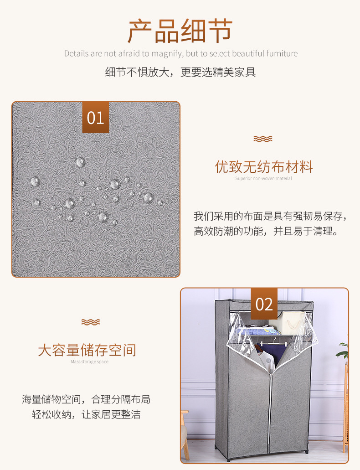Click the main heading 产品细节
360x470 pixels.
click(180, 31)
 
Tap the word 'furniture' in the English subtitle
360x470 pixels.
click(279, 54)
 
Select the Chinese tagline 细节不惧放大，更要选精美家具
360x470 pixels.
click(180, 72)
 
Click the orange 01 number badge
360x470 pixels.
click(96, 117)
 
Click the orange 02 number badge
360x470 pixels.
click(264, 304)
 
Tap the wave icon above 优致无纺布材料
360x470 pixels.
click(263, 139)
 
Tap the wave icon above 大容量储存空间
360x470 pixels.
click(90, 322)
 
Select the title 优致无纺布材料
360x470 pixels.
click(264, 167)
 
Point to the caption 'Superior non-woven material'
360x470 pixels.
click(263, 179)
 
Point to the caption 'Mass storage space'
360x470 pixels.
click(89, 362)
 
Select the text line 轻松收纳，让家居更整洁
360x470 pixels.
click(86, 414)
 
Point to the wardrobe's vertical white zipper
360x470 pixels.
click(273, 410)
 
